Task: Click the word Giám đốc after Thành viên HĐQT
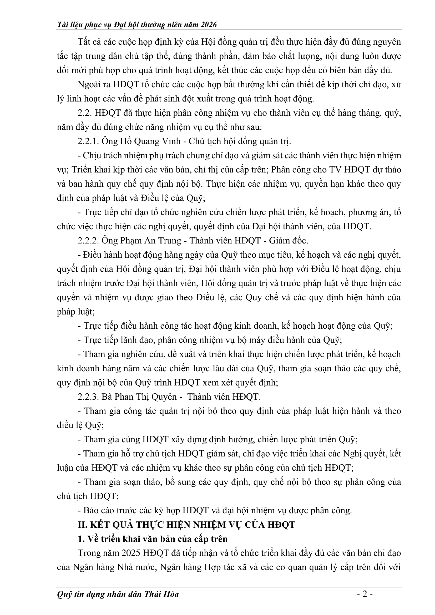click(x=289, y=240)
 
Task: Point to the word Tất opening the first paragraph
click(x=84, y=42)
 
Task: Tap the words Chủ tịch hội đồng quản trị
click(x=240, y=141)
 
